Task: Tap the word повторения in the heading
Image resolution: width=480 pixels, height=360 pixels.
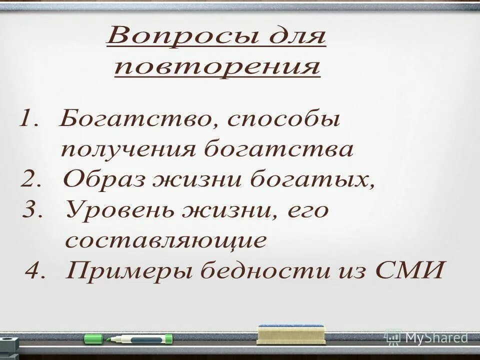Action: pyautogui.click(x=216, y=67)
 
